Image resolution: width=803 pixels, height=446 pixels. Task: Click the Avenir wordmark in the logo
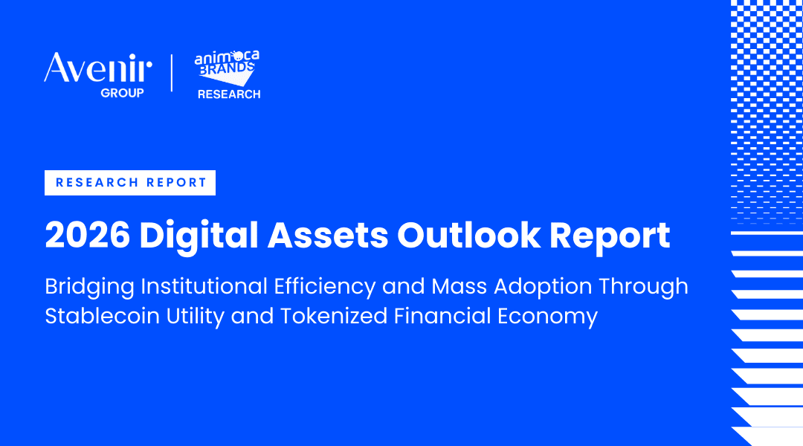point(97,69)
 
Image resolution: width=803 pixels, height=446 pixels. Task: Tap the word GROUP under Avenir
point(123,94)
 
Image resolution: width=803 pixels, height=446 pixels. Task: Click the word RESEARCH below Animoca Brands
point(229,94)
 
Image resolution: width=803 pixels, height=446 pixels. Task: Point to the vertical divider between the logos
point(172,73)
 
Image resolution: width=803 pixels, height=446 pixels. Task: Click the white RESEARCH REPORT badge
point(130,183)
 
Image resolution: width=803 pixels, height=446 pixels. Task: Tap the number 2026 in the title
point(86,236)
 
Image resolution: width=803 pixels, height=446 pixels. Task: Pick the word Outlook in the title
point(466,236)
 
